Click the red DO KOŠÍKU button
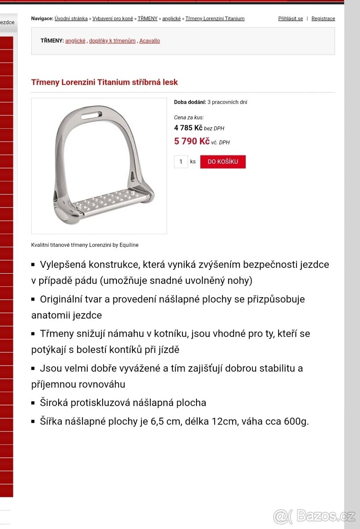pos(223,162)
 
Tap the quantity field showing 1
pos(181,162)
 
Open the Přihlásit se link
pos(290,19)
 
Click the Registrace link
pos(323,19)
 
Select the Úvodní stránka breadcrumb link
pos(71,19)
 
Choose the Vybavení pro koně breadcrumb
pos(112,19)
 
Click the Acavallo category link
pos(149,41)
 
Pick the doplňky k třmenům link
pos(112,41)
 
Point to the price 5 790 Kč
pos(192,142)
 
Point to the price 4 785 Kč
pos(188,128)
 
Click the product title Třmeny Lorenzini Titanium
pos(104,82)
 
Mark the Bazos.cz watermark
pos(313,515)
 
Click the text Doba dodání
pos(190,102)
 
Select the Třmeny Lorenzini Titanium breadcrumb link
pos(215,19)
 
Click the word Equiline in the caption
pos(128,245)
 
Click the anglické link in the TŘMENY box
pos(75,41)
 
